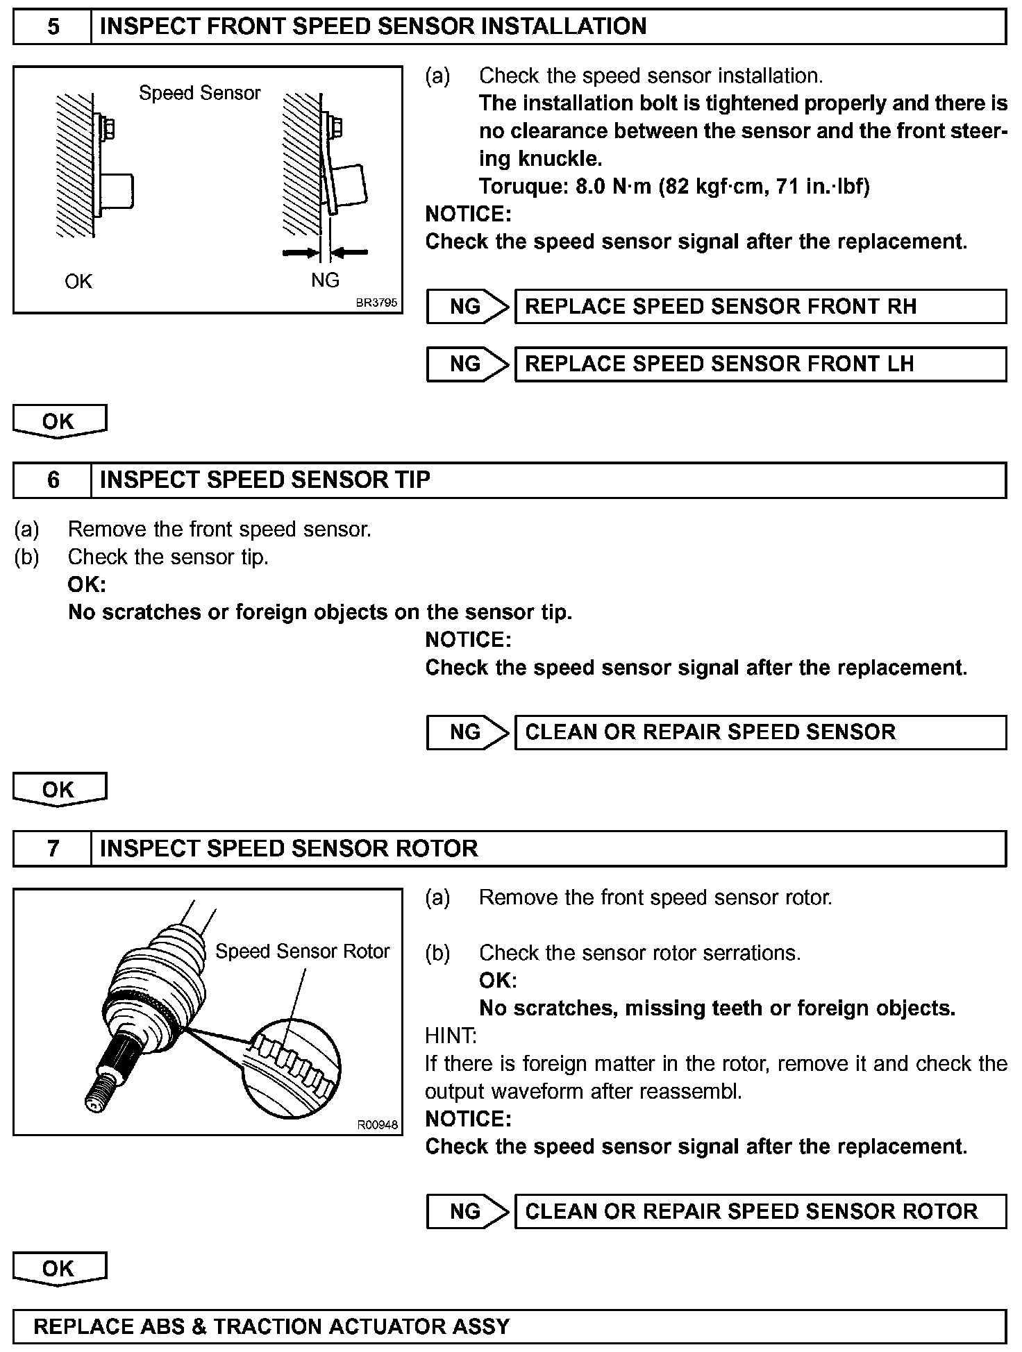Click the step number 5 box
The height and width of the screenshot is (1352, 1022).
tap(53, 27)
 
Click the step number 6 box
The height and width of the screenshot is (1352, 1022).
tap(53, 480)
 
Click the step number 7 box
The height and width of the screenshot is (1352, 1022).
tap(53, 849)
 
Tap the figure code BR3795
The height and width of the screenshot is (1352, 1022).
tap(376, 303)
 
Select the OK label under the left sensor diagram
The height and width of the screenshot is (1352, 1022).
tap(78, 281)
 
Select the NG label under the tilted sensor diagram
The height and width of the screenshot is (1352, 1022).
tap(325, 280)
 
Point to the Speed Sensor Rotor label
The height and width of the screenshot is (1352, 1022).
tap(302, 951)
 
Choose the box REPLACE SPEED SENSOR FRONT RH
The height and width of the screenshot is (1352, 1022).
tap(760, 307)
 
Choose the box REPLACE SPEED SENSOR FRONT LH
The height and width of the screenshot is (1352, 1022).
tap(760, 364)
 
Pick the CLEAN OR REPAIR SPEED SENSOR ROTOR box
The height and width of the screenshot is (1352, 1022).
tap(760, 1212)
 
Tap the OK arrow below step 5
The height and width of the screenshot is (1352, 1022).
tap(60, 421)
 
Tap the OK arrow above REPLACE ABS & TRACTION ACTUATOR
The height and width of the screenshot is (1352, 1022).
tap(60, 1269)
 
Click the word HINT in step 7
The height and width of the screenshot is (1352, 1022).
tap(451, 1036)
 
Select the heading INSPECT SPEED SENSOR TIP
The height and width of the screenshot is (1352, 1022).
tap(265, 480)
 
